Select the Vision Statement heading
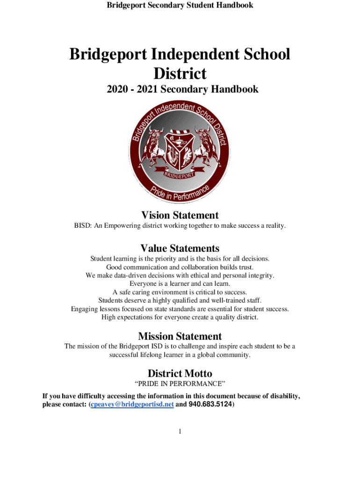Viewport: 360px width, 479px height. pos(180,215)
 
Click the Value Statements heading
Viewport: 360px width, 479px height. pos(180,248)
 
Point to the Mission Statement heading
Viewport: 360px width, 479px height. pos(180,336)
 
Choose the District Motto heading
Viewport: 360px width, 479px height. pos(180,373)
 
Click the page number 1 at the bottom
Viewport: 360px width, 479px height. pos(180,431)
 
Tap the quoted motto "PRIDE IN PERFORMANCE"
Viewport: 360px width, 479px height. pos(180,384)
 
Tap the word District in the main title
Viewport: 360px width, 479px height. pos(180,73)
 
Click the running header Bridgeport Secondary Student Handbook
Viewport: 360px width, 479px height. pos(180,5)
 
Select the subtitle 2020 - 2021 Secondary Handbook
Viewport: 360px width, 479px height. pos(180,89)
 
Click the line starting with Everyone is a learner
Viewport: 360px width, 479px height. pos(180,283)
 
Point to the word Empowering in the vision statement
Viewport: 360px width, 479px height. pos(122,226)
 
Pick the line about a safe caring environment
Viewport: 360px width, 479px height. pos(180,292)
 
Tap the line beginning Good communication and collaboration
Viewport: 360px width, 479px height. pos(180,267)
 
